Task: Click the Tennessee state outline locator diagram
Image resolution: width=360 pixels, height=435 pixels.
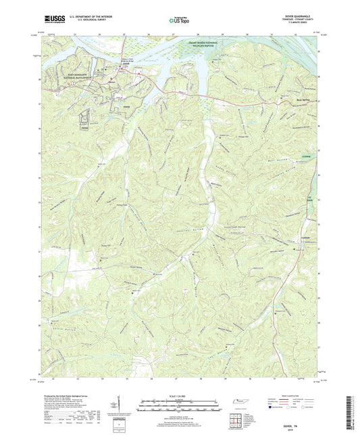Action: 238,403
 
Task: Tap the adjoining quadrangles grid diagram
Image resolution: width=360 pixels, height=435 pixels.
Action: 238,419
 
